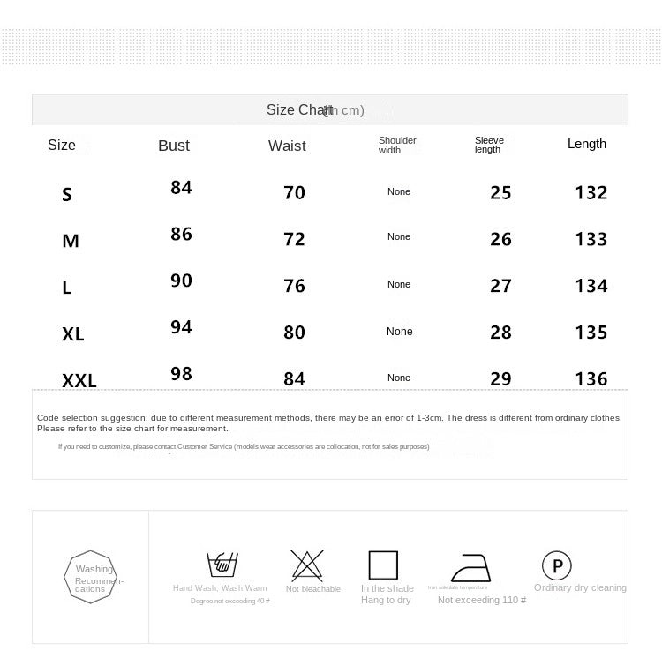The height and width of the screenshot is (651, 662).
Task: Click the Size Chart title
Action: (315, 110)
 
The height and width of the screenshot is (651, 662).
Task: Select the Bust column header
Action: (174, 146)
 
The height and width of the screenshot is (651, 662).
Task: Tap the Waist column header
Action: (287, 146)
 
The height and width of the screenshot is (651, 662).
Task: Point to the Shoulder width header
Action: (397, 145)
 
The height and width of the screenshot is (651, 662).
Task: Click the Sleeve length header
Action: (489, 145)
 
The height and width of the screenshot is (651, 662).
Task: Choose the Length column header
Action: (587, 144)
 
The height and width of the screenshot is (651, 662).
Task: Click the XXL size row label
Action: (79, 381)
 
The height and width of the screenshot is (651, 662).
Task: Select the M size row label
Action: (71, 241)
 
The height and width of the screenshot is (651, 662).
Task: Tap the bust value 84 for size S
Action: (181, 187)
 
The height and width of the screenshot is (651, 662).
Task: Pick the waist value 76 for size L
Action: (294, 286)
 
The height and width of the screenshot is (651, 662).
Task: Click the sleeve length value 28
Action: (500, 333)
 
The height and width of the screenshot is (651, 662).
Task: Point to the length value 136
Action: (591, 379)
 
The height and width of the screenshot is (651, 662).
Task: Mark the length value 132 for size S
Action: (591, 192)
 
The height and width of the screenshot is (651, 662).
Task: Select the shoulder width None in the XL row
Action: (399, 332)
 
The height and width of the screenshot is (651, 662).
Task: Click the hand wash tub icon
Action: (221, 564)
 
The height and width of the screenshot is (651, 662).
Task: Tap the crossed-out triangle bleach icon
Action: (306, 563)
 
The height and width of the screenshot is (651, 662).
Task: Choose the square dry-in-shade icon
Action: (383, 565)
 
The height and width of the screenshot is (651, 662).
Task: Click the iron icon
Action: (477, 566)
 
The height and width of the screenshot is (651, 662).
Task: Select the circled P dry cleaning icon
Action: (556, 565)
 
